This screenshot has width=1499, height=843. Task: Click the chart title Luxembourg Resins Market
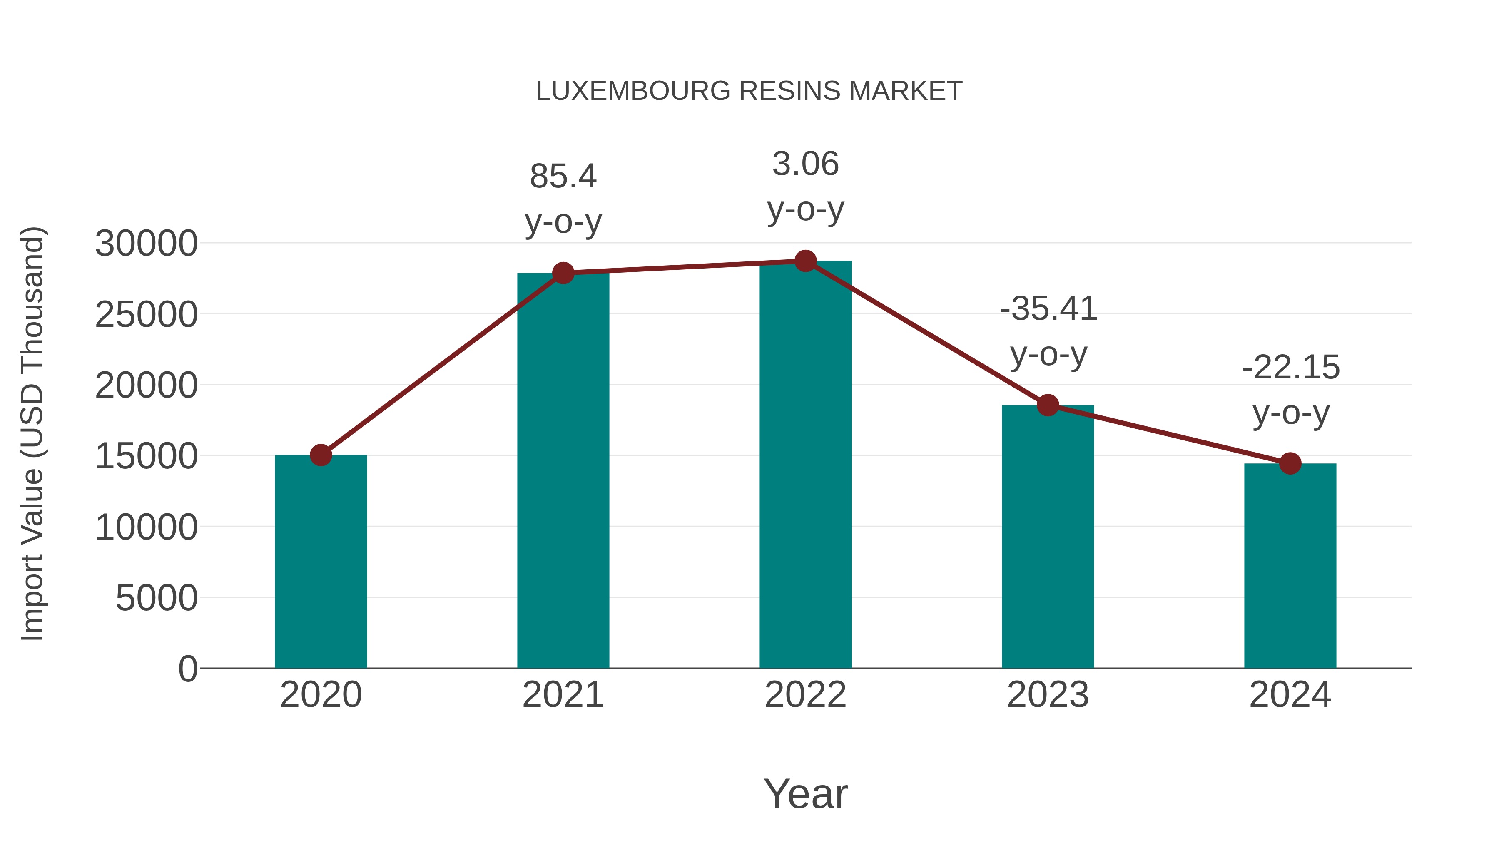point(749,91)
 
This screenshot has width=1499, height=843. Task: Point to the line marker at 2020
point(321,455)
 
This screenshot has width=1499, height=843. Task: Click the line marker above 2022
point(805,261)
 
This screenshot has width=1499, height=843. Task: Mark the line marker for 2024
point(1290,464)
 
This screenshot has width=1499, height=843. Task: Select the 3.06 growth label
point(805,164)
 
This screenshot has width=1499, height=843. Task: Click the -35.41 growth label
point(1048,309)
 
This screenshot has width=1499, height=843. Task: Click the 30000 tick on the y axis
point(146,243)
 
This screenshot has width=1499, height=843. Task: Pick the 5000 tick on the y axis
point(157,598)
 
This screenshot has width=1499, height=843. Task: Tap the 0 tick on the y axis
point(188,669)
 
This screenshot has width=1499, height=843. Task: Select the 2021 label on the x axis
point(563,695)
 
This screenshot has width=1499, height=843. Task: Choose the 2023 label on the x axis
point(1048,695)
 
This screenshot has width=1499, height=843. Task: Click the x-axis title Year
point(805,793)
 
